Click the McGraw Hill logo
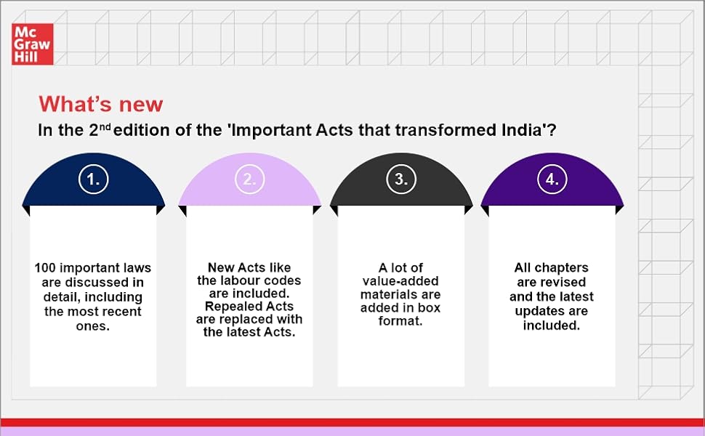[x=31, y=44]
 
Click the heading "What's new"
[x=101, y=104]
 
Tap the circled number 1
[x=94, y=180]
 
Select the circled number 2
[x=249, y=180]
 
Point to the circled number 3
[x=401, y=180]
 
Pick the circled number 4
[x=552, y=180]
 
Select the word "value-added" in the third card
[x=400, y=280]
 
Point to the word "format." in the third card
[x=400, y=320]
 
